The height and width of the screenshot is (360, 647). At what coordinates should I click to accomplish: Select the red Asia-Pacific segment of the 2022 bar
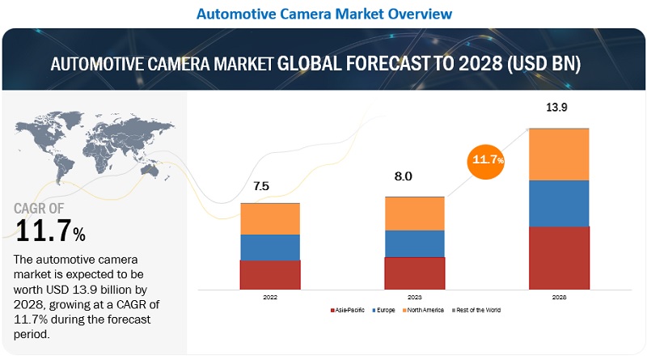pyautogui.click(x=270, y=274)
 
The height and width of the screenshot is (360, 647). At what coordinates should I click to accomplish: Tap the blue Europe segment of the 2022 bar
pyautogui.click(x=270, y=247)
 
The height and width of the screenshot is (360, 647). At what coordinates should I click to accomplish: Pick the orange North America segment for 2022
pyautogui.click(x=270, y=218)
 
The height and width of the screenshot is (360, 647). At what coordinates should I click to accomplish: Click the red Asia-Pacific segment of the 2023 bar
pyautogui.click(x=414, y=273)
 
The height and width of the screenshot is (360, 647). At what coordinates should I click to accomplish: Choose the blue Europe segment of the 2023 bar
pyautogui.click(x=414, y=243)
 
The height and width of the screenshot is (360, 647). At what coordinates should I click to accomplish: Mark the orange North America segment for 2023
pyautogui.click(x=414, y=214)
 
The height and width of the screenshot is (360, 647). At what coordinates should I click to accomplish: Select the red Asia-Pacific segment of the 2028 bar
pyautogui.click(x=559, y=257)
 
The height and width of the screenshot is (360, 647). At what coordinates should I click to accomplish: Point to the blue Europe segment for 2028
pyautogui.click(x=559, y=203)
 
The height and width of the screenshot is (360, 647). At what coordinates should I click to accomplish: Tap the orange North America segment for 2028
pyautogui.click(x=559, y=154)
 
